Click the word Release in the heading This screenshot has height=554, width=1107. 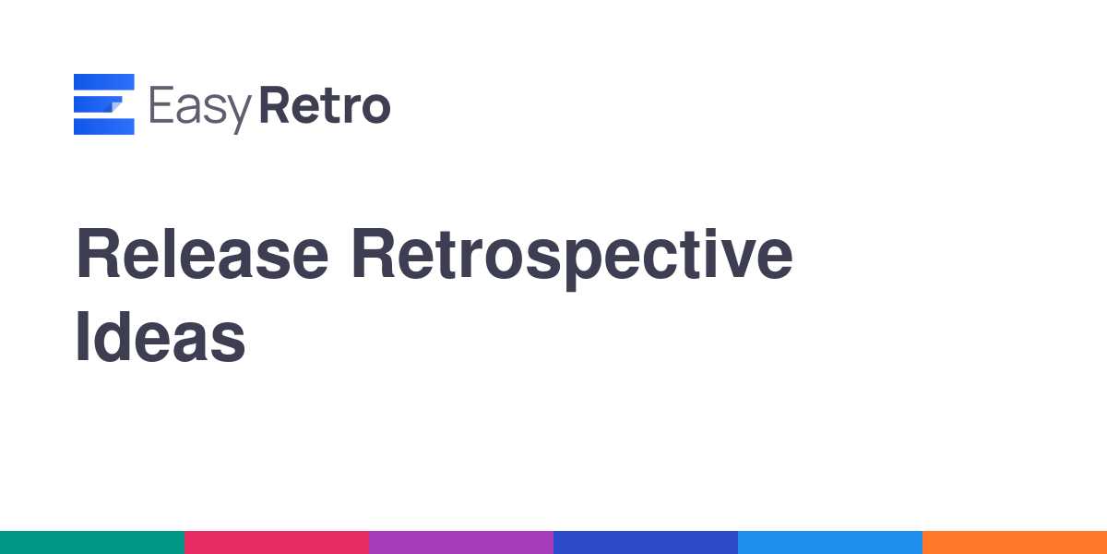coord(202,253)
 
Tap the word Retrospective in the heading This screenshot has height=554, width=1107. coord(572,259)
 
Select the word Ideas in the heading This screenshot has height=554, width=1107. coord(161,337)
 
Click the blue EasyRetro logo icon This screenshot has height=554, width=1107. coord(103,104)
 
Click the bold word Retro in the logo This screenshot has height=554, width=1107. coord(325,105)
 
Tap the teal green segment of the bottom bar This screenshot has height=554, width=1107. coord(92,543)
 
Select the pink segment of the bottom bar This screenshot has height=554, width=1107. coord(277,543)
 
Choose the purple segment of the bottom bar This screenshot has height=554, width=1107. coord(461,543)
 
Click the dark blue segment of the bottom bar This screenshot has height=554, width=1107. coord(646,543)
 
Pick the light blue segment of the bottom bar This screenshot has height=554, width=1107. coord(830,543)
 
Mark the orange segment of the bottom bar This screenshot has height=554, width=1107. coord(1015,543)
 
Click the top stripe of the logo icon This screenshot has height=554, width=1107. coord(103,81)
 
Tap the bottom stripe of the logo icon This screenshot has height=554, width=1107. coord(103,126)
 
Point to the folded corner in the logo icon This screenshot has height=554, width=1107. coord(116,106)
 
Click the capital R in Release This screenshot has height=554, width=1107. coord(98,253)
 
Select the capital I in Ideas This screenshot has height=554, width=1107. coord(82,337)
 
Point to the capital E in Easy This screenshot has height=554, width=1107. coord(161,104)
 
